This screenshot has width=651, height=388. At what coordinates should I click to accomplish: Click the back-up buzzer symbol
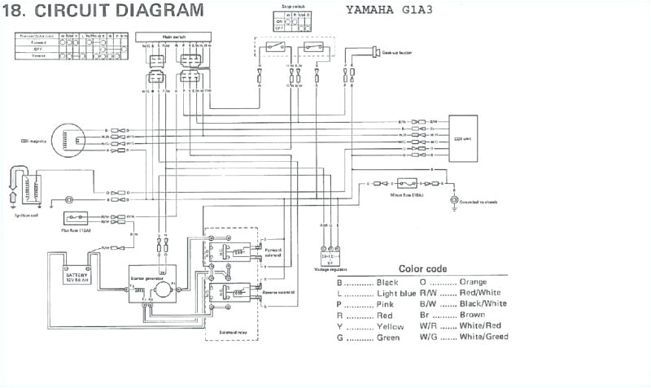click(378, 53)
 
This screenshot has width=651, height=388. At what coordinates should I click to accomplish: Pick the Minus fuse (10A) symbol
click(406, 184)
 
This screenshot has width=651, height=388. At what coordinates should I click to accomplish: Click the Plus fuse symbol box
click(78, 219)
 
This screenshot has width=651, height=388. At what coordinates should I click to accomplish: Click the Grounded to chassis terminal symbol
click(453, 199)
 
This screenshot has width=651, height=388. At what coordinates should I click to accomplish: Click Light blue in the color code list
click(397, 292)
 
